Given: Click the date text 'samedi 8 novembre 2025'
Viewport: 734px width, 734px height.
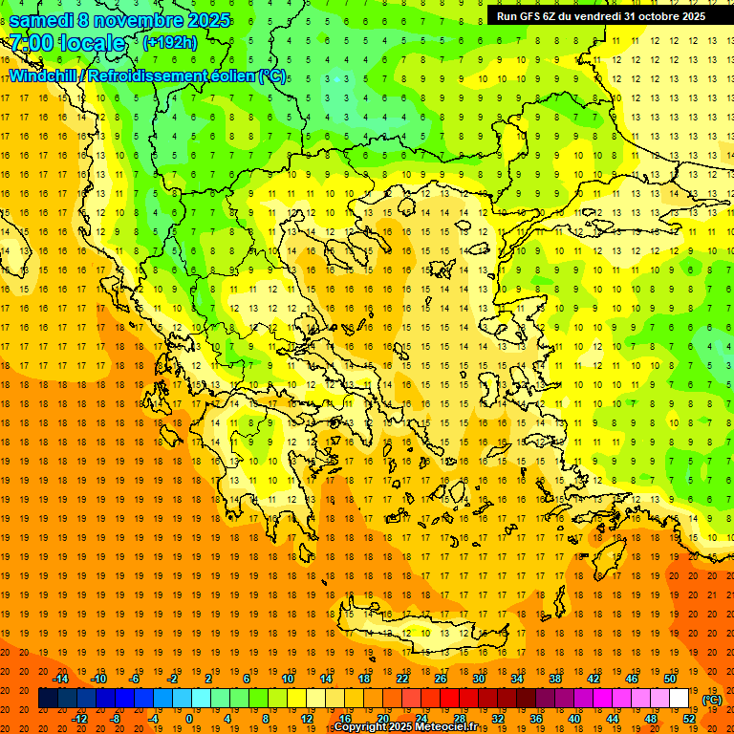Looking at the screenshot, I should pyautogui.click(x=119, y=20).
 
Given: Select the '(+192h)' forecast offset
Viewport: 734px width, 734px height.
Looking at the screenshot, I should pyautogui.click(x=170, y=43).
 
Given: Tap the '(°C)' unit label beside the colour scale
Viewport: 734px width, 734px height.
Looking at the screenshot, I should pyautogui.click(x=711, y=700).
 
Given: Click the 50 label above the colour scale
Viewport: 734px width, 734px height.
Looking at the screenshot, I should pyautogui.click(x=669, y=679).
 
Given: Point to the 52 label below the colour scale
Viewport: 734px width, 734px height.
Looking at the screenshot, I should pyautogui.click(x=688, y=719).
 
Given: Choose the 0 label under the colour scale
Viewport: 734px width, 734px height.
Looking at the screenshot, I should pyautogui.click(x=189, y=719).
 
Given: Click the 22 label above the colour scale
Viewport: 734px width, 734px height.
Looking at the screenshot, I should pyautogui.click(x=402, y=679).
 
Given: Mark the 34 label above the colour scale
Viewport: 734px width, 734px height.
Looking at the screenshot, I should pyautogui.click(x=517, y=679).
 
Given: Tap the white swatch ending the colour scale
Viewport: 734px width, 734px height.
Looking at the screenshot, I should pyautogui.click(x=679, y=699).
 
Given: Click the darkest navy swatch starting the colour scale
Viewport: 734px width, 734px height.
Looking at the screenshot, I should pyautogui.click(x=48, y=699).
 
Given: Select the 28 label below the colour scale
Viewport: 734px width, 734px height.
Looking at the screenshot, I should pyautogui.click(x=460, y=719).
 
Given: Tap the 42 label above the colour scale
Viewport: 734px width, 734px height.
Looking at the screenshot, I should pyautogui.click(x=594, y=679).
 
